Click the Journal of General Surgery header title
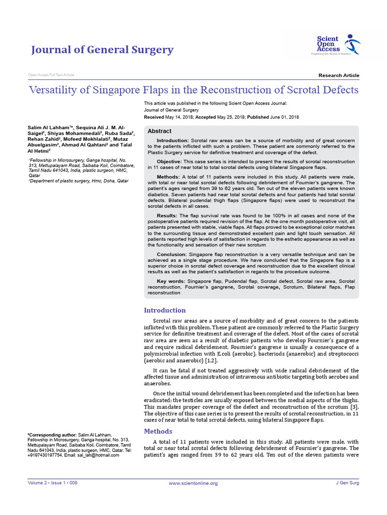102,50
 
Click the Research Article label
339,75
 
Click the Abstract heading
159,131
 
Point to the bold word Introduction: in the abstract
173,140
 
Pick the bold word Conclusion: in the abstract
172,254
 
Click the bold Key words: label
170,281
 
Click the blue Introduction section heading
165,310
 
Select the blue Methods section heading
158,431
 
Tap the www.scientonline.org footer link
193,483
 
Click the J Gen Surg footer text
347,483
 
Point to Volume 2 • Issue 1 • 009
52,483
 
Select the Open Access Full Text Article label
51,75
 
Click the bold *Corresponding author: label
52,435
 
